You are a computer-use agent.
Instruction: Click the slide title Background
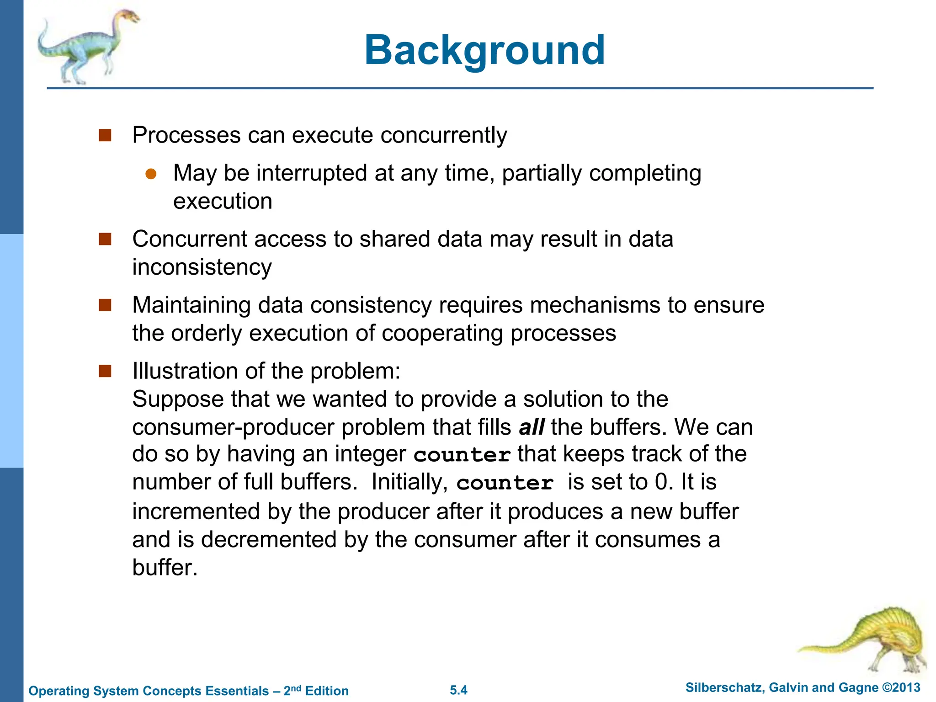point(484,50)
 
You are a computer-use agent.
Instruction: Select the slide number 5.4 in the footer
point(458,690)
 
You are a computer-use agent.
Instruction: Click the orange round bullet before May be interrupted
point(151,174)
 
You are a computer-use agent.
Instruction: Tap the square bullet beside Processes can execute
point(105,135)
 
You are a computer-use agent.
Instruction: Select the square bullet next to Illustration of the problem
point(105,371)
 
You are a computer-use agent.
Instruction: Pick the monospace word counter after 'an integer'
point(462,455)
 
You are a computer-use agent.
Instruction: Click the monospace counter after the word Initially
point(505,483)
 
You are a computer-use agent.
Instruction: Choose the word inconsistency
point(202,267)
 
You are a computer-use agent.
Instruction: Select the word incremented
point(196,511)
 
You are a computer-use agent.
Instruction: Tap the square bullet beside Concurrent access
point(105,239)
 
